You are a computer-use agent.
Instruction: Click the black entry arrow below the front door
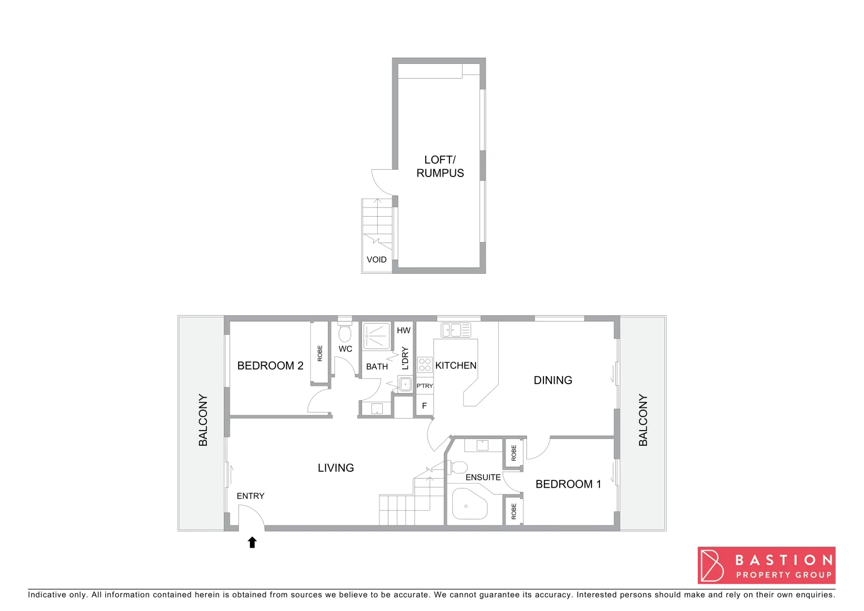(252, 543)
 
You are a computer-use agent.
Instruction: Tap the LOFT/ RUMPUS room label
(440, 166)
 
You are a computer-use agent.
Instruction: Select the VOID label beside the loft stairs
(377, 260)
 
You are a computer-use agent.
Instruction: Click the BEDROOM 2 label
(270, 365)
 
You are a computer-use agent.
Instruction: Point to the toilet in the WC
(345, 333)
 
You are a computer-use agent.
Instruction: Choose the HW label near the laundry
(404, 330)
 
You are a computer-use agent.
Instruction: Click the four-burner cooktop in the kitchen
(425, 365)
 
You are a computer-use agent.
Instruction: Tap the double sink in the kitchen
(456, 330)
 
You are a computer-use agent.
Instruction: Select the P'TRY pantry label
(425, 386)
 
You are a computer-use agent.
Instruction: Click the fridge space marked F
(424, 406)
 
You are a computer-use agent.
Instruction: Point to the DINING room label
(553, 380)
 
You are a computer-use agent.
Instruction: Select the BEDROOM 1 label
(568, 484)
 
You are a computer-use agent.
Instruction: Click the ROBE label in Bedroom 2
(320, 354)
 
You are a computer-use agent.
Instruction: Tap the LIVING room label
(336, 468)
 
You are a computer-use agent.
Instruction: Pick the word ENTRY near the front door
(250, 496)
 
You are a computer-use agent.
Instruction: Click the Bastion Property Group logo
(766, 565)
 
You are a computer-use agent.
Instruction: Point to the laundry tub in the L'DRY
(405, 384)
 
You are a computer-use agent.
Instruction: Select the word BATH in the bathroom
(377, 367)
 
